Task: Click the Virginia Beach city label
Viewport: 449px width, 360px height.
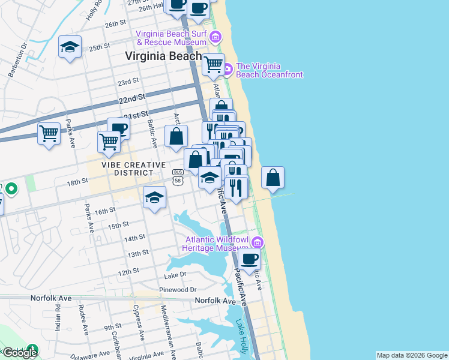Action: click(x=163, y=56)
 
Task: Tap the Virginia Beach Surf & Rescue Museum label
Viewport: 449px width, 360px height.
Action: click(x=171, y=38)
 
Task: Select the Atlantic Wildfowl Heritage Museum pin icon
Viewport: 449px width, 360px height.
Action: click(x=258, y=242)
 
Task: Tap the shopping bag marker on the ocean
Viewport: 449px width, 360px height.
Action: click(x=273, y=178)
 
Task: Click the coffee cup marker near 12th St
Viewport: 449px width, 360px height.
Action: click(x=249, y=259)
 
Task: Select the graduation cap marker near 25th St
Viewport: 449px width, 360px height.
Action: click(x=70, y=47)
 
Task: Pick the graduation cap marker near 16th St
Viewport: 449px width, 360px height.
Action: click(x=154, y=197)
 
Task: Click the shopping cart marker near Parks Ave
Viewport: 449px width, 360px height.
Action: click(x=49, y=133)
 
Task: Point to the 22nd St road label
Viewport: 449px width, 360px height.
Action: click(x=132, y=97)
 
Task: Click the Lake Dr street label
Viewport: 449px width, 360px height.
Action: click(x=175, y=275)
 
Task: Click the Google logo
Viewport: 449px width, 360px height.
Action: click(x=20, y=353)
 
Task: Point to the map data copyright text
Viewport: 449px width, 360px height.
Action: click(x=412, y=355)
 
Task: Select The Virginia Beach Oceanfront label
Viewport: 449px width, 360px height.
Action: click(x=270, y=70)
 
